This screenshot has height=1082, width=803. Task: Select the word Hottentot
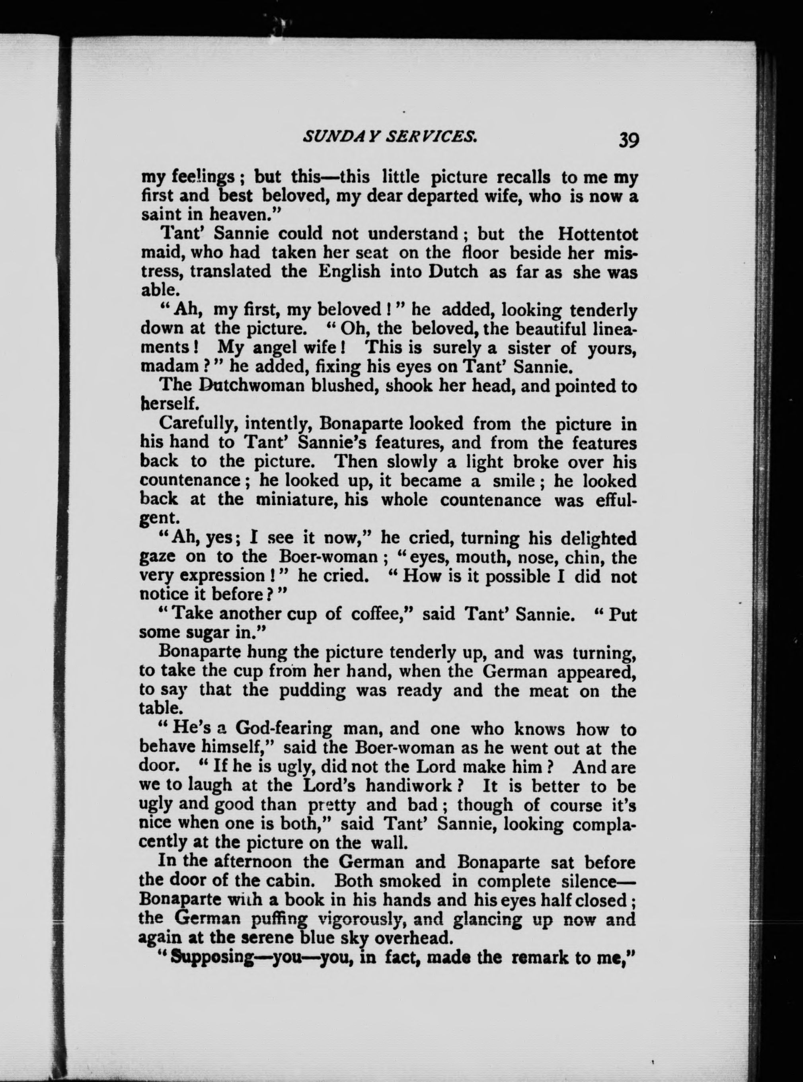pyautogui.click(x=597, y=234)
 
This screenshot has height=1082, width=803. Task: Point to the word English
pyautogui.click(x=349, y=271)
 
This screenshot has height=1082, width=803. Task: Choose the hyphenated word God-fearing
pyautogui.click(x=284, y=729)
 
